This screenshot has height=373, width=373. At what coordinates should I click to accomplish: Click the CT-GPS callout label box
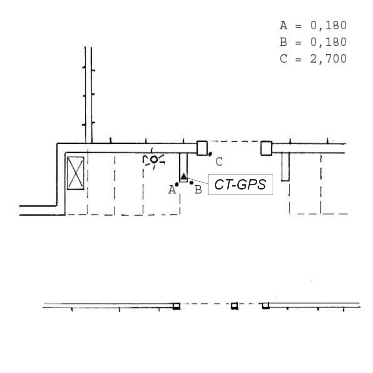[240, 185]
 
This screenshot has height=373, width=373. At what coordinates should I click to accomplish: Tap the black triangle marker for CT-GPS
[183, 176]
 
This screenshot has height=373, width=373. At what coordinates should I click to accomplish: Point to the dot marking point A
[177, 184]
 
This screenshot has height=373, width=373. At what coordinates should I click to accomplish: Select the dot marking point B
[192, 183]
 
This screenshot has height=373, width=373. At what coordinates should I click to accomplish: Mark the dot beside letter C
[210, 154]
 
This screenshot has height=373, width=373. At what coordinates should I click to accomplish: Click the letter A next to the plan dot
[172, 190]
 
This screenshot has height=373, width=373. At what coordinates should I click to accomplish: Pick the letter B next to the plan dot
[198, 190]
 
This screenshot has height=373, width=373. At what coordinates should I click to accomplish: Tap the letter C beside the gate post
[219, 162]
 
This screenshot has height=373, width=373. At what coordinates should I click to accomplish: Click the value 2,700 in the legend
[329, 59]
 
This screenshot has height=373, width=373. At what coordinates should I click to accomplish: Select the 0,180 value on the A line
[329, 25]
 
